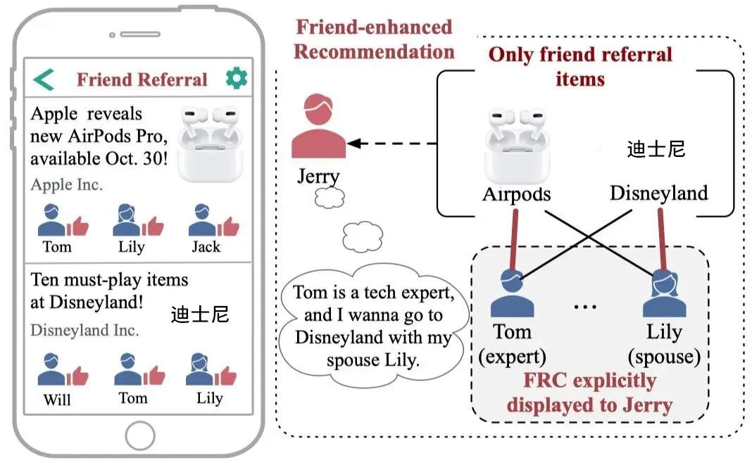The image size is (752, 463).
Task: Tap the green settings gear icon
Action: tap(237, 78)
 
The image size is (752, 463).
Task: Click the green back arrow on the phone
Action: tap(44, 80)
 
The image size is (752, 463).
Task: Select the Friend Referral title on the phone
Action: tap(142, 80)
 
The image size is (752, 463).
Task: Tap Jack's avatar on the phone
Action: tap(203, 220)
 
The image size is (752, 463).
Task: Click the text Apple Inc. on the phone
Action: tap(66, 185)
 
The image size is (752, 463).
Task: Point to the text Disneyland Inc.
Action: tap(84, 330)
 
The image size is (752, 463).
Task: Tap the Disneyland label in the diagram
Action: tap(658, 193)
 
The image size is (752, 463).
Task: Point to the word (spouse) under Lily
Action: tap(667, 357)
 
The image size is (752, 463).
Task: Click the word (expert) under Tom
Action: tap(512, 357)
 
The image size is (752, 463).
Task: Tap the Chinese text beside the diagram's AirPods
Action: tap(656, 150)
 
